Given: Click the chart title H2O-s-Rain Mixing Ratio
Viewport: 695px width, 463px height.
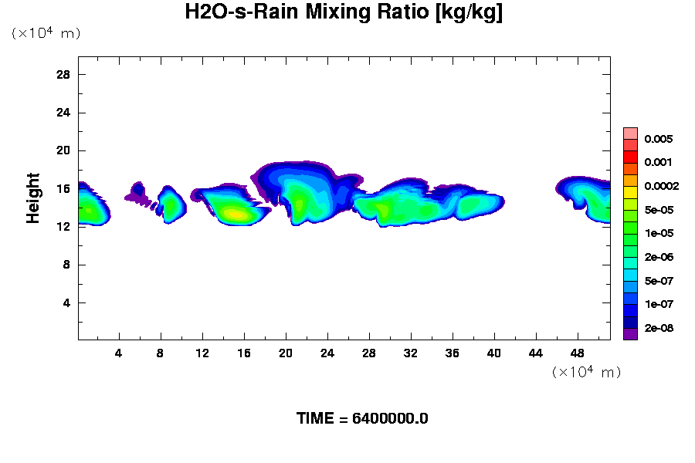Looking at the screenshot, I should coord(344,13).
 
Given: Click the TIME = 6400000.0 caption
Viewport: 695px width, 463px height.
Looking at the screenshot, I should coord(362,418).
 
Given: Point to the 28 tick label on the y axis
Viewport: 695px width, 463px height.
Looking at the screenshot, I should coord(63,75).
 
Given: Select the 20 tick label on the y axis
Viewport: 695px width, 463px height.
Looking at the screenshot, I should coord(63,150).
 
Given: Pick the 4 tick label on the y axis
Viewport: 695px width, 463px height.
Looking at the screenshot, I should coord(66,302).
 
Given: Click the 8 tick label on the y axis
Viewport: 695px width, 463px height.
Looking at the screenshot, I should coord(66,265).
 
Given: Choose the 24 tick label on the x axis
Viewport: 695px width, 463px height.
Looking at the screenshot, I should coord(327,353).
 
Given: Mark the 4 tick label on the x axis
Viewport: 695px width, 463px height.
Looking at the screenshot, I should coord(119,353).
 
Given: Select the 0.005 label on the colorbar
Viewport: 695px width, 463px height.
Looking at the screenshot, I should coord(659,139).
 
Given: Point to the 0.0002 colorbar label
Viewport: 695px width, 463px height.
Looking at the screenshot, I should coord(662,186).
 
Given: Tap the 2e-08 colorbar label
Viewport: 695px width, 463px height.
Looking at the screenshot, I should coord(659,328).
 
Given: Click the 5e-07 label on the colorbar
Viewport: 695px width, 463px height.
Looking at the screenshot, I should coord(659,281).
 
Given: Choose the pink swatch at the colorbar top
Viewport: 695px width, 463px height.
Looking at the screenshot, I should coord(630,133).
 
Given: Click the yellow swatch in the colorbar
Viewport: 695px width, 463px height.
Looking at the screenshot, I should coord(630,192).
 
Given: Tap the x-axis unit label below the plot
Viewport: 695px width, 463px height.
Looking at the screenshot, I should coord(586,372).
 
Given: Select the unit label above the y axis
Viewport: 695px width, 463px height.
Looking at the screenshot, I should coord(46,33).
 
